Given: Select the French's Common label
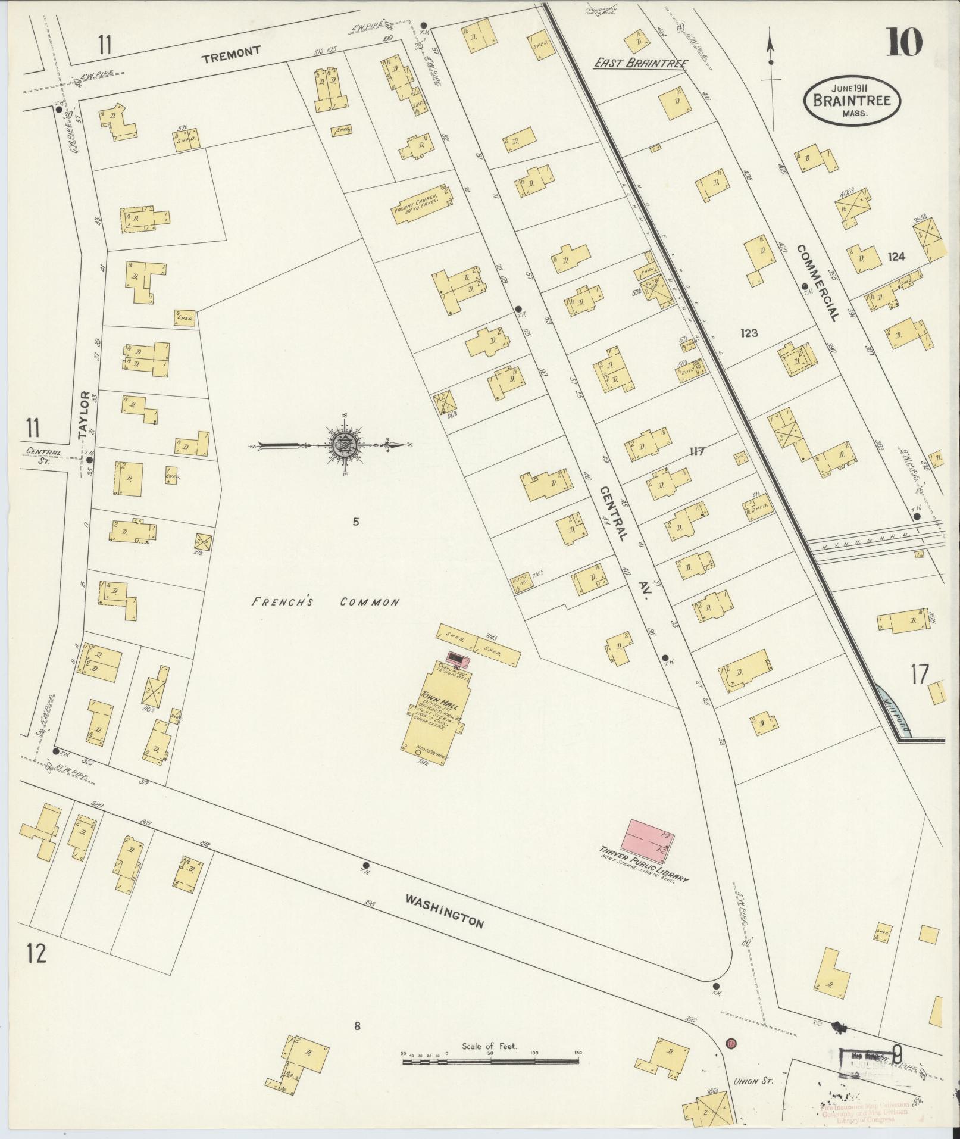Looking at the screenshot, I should tap(325, 602).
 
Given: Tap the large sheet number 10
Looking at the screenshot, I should tap(905, 43).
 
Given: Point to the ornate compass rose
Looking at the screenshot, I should tap(345, 444).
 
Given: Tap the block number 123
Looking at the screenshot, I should tap(749, 333).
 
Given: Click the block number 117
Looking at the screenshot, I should tap(696, 451).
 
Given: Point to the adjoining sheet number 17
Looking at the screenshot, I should tap(919, 675).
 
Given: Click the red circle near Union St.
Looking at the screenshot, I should tap(731, 1060).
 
